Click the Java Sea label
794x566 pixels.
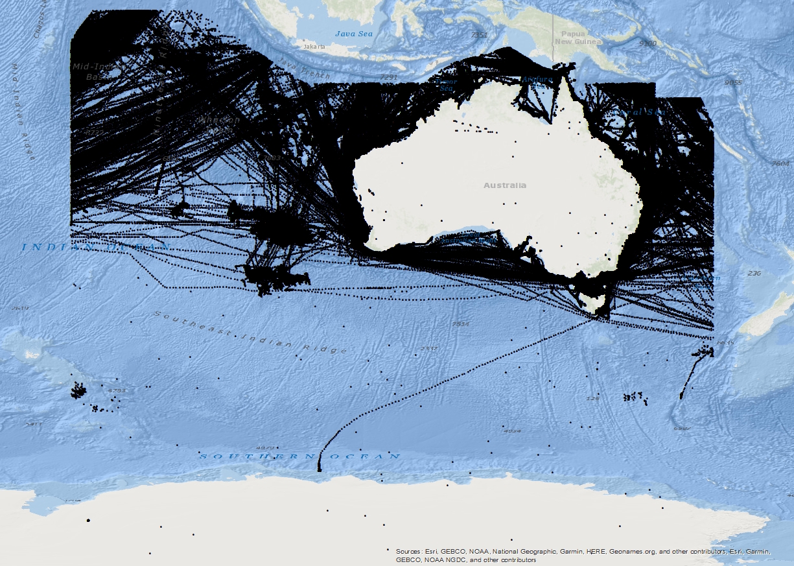[x=354, y=33]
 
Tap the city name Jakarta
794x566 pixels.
[x=314, y=47]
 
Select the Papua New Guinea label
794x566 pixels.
[x=578, y=38]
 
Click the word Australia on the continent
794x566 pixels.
[x=505, y=185]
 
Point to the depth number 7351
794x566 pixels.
[x=479, y=34]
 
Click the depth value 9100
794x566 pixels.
[x=648, y=43]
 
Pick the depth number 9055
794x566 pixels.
[x=733, y=82]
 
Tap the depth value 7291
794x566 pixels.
[x=388, y=77]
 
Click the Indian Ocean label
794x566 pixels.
[x=97, y=247]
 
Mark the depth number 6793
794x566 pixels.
[x=117, y=390]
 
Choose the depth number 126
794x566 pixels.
[x=592, y=399]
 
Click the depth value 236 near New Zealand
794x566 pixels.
[x=754, y=274]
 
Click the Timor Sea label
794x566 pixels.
[x=446, y=85]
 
